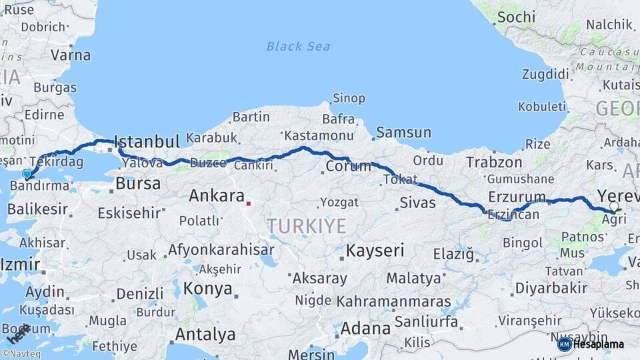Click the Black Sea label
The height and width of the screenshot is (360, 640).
point(298,46)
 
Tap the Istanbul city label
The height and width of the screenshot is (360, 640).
point(147,141)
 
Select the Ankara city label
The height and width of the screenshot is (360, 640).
point(216,196)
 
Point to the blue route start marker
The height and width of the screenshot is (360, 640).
point(27,175)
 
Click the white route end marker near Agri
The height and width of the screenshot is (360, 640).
point(614,207)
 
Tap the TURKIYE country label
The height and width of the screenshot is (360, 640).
point(307,226)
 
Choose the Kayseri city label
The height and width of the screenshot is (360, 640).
point(375,251)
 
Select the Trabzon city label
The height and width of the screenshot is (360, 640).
point(494,162)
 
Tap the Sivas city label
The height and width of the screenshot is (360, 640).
point(418,202)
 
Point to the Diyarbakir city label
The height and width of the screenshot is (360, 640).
point(551,288)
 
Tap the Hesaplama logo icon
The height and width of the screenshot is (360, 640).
point(564,344)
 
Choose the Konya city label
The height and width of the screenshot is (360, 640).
point(208,289)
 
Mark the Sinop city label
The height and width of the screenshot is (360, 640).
point(349,99)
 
